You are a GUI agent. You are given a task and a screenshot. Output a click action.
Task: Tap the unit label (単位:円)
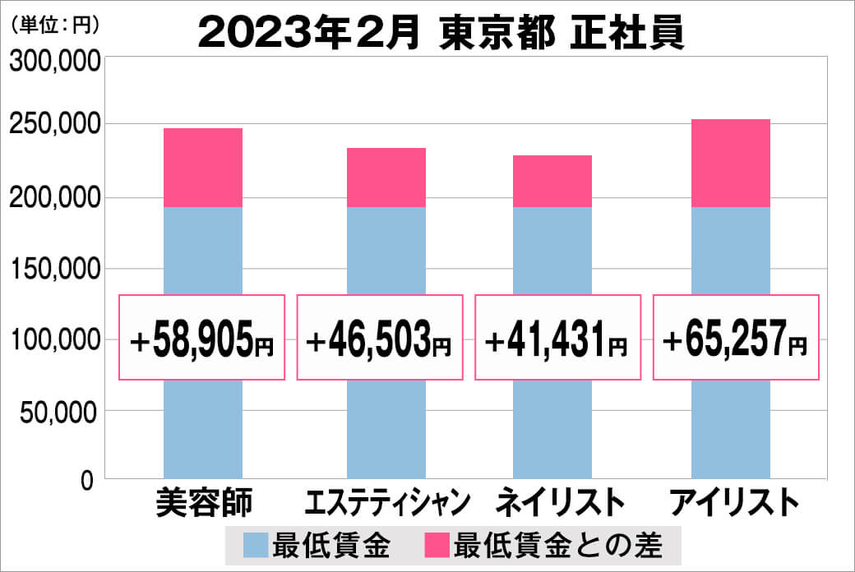click(x=54, y=25)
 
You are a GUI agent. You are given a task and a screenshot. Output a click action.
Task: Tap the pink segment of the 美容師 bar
click(x=203, y=168)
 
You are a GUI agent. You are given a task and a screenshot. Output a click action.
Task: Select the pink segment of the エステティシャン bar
click(x=386, y=178)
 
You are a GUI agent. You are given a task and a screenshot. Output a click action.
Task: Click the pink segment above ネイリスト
click(x=552, y=181)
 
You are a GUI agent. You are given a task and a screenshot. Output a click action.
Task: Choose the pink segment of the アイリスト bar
click(x=730, y=163)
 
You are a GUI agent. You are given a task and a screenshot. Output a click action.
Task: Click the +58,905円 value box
click(x=202, y=338)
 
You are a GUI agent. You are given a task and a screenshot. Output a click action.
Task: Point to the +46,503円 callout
click(x=379, y=338)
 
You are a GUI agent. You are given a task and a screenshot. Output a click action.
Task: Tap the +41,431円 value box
click(x=557, y=338)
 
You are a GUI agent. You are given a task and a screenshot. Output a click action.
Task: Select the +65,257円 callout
click(x=736, y=338)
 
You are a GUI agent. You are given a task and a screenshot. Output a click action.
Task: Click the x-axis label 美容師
click(x=202, y=502)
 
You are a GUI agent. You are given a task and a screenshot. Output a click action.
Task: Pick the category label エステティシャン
click(x=386, y=502)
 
